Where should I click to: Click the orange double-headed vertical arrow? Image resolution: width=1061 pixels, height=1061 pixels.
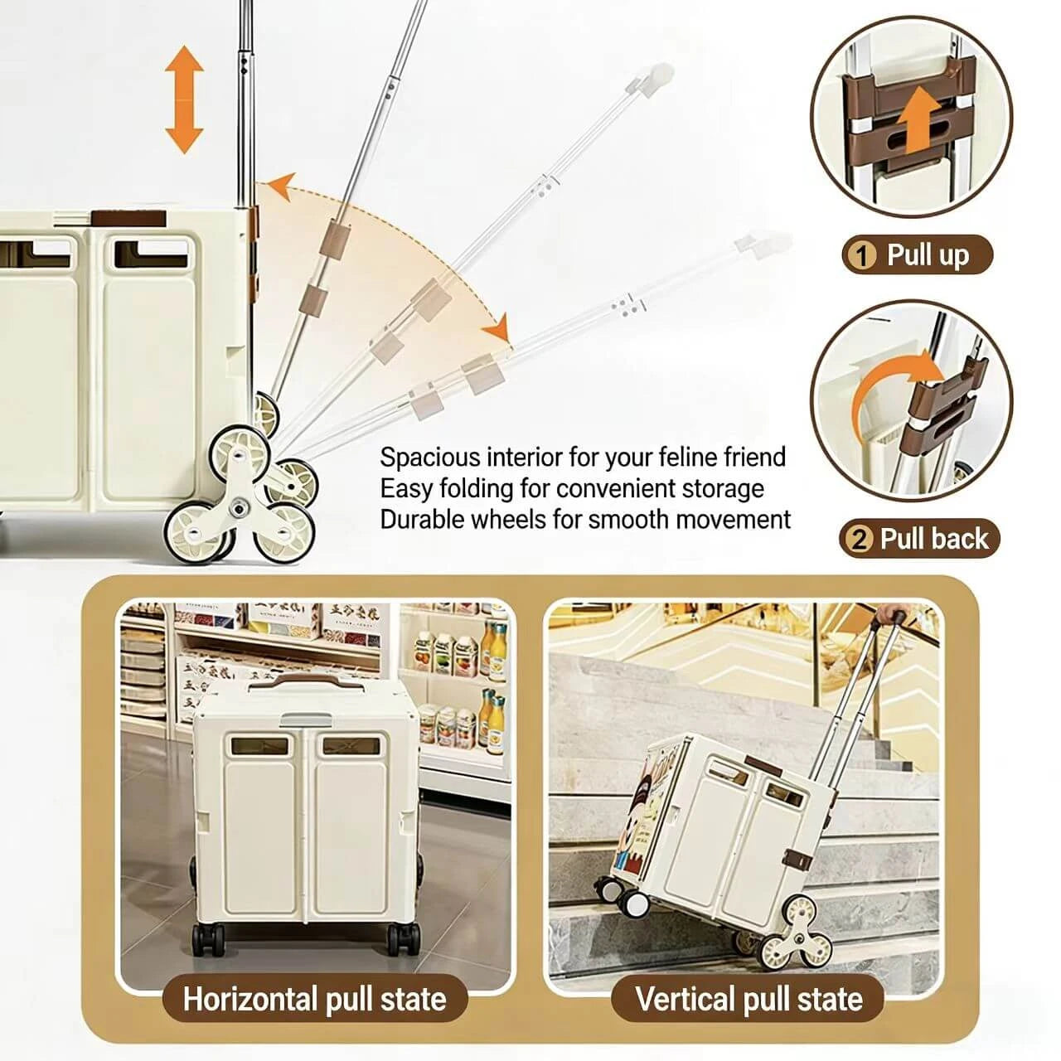(x=185, y=99)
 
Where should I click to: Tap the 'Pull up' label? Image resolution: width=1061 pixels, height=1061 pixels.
(x=928, y=255)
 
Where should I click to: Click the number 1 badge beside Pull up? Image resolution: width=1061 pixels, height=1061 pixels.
(x=861, y=255)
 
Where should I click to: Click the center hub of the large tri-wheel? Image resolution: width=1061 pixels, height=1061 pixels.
(x=239, y=507)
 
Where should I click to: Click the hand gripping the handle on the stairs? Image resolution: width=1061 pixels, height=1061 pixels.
(x=888, y=614)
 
